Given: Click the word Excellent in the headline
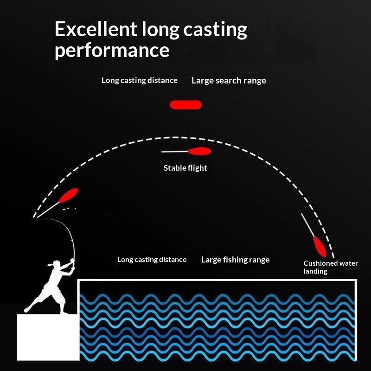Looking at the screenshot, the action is [x=96, y=29].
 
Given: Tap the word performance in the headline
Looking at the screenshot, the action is [x=112, y=51].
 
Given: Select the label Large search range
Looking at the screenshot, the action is [x=229, y=81].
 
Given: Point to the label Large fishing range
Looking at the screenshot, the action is [x=236, y=260].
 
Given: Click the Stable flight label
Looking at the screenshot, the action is [x=185, y=168].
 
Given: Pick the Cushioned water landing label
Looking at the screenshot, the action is [x=331, y=267].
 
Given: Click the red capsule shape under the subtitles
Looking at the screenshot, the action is [x=186, y=105].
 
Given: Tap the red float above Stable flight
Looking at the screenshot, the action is [x=199, y=151].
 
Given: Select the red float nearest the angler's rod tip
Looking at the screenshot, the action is [x=68, y=195].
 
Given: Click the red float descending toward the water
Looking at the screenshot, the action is [x=320, y=247].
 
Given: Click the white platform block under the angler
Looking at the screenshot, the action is [x=48, y=337].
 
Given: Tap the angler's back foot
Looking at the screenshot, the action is [x=27, y=309].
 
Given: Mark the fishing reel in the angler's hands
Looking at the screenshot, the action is [x=72, y=262].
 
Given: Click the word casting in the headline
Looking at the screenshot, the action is [x=215, y=30].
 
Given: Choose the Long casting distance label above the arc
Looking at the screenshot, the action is [x=140, y=80].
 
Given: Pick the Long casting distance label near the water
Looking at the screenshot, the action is [x=152, y=260].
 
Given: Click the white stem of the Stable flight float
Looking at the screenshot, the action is [x=175, y=152].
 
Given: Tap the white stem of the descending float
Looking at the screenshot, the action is [x=307, y=225].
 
